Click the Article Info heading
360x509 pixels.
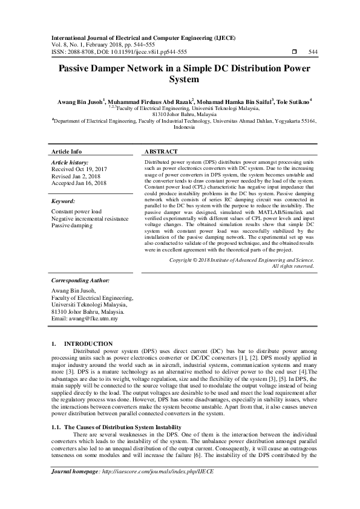click(67, 151)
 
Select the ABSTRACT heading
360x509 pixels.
click(162, 151)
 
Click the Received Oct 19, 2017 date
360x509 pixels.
click(79, 170)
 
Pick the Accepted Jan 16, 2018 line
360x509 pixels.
click(79, 183)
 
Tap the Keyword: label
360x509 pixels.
click(64, 201)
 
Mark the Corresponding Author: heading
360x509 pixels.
click(80, 281)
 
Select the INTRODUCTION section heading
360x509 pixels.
click(88, 343)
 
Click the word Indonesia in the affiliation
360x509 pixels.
click(184, 128)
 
